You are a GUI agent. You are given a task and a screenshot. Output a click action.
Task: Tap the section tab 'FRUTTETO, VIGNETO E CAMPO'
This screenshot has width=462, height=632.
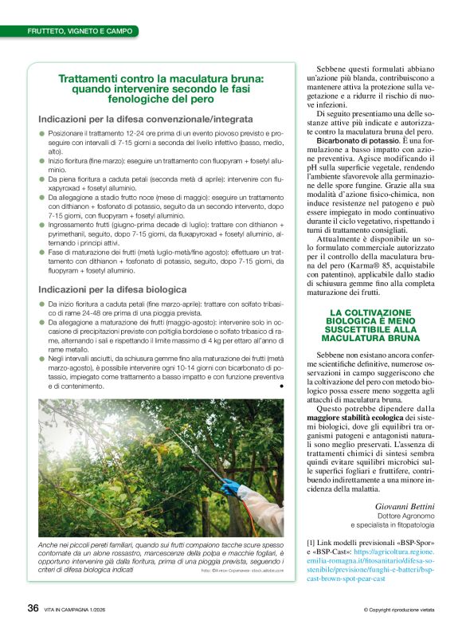pos(74,31)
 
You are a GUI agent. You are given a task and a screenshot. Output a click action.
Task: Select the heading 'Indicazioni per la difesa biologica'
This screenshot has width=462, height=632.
pos(112,289)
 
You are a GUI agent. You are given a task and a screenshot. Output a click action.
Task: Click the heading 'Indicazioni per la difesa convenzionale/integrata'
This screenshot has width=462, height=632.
pos(146,119)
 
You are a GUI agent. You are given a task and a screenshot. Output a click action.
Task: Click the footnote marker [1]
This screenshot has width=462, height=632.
pos(311,544)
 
